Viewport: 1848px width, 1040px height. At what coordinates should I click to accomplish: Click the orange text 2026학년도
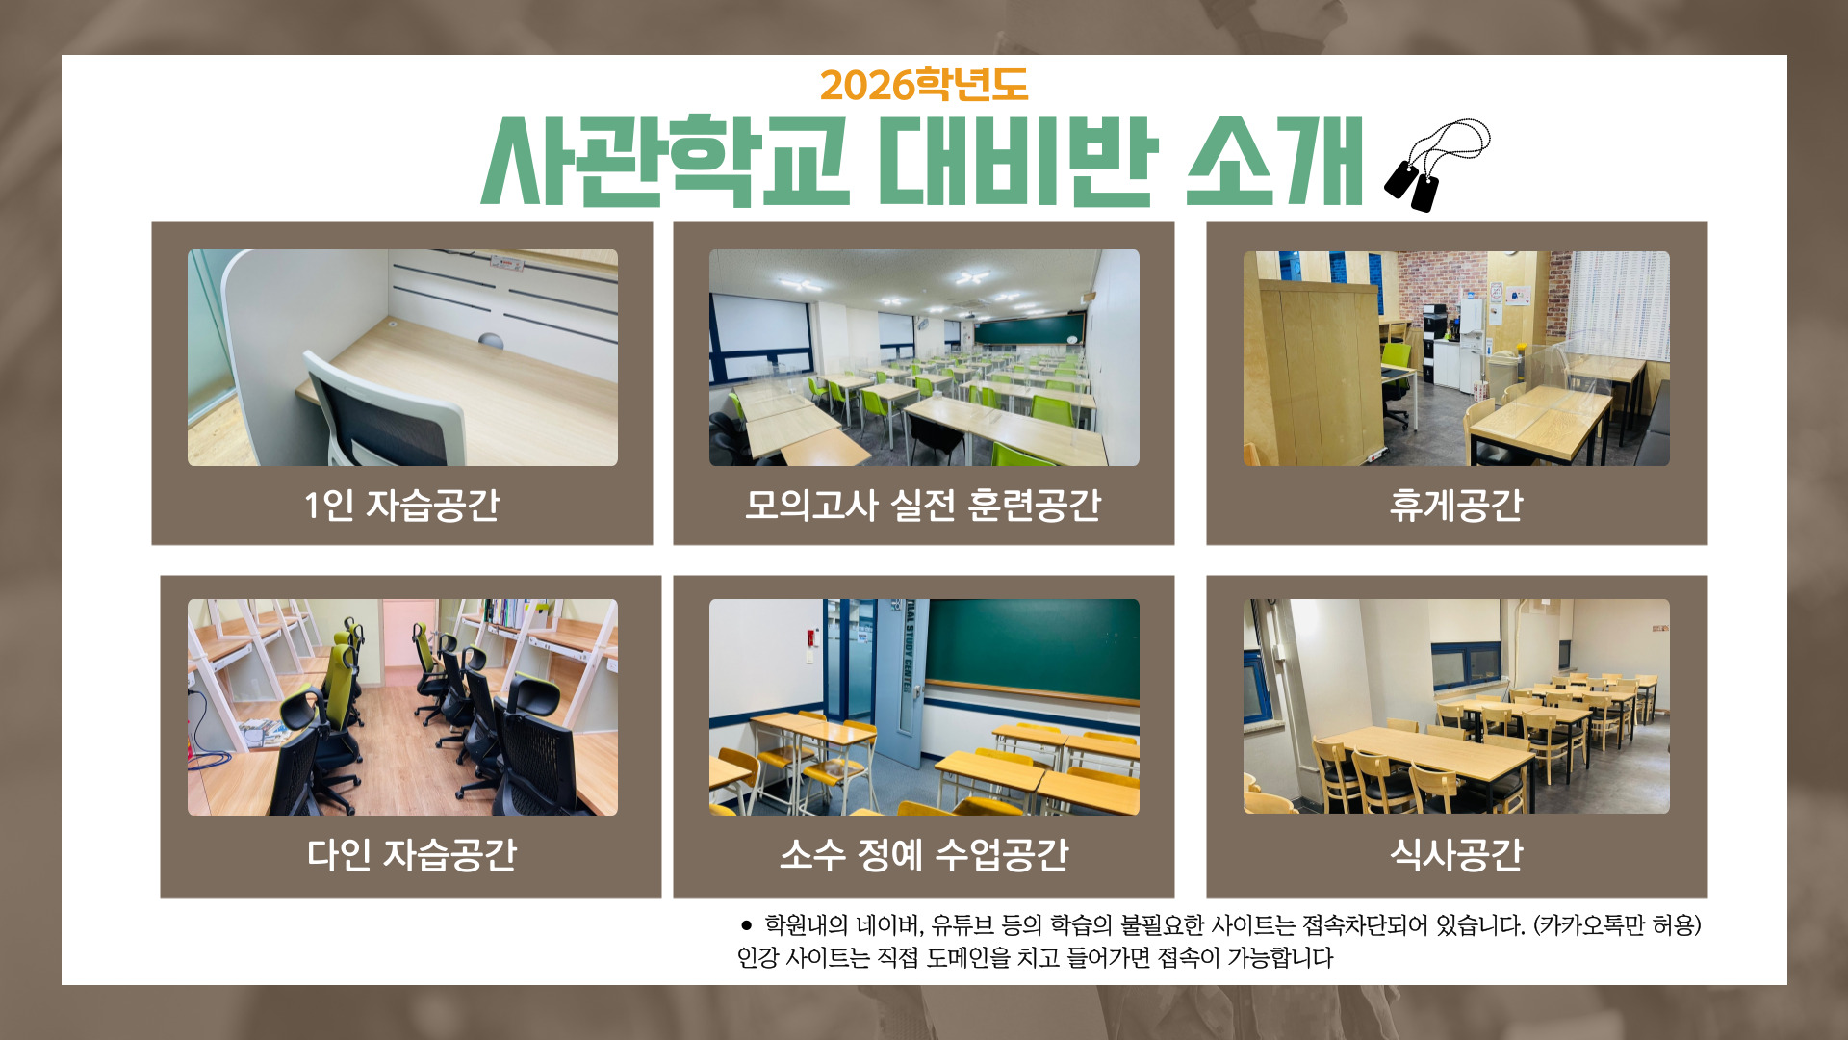924,85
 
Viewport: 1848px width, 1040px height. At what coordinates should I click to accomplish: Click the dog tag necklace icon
1436,165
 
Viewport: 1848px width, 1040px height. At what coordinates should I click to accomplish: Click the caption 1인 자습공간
402,505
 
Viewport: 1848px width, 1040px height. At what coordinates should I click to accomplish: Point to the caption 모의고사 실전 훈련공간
923,505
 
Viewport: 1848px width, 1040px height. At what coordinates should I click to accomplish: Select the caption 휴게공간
1456,505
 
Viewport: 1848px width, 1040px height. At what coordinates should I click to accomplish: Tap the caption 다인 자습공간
411,854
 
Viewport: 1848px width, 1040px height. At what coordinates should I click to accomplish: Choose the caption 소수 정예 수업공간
924,854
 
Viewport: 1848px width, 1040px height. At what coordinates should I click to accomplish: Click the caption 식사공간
1456,854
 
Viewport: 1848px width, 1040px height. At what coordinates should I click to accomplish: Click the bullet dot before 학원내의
746,925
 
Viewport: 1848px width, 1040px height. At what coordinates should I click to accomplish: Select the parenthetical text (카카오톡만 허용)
1617,925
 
